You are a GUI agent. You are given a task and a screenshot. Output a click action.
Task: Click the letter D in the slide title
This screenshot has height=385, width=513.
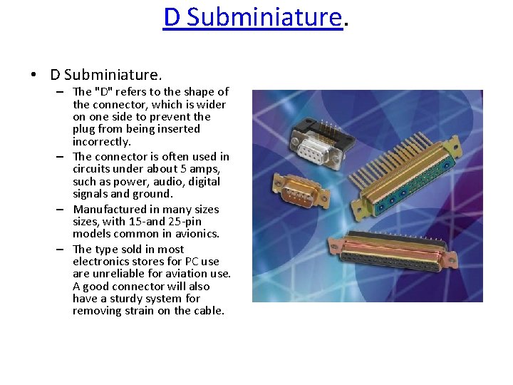tap(172, 16)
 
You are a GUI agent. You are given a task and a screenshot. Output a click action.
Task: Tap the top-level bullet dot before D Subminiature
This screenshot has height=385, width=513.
tap(33, 75)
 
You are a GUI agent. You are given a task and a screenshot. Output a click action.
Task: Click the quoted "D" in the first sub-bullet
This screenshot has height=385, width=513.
tap(104, 92)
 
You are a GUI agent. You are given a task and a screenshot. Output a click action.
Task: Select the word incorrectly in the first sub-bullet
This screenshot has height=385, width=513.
tap(102, 142)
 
